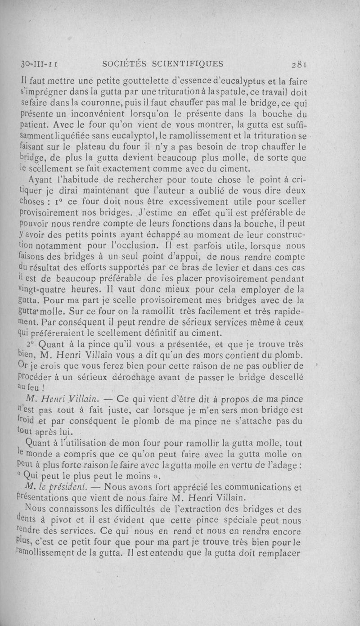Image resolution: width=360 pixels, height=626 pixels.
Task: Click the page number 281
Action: [x=298, y=63]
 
